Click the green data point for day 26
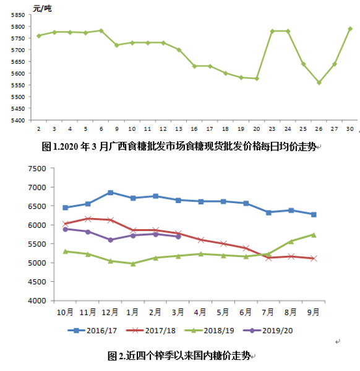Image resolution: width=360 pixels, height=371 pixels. click(x=319, y=82)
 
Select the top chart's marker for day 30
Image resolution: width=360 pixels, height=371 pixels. click(x=350, y=29)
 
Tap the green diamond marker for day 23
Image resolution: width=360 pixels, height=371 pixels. click(x=272, y=31)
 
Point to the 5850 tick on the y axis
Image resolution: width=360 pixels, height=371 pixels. click(x=18, y=15)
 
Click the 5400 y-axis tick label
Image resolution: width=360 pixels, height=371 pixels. click(x=18, y=120)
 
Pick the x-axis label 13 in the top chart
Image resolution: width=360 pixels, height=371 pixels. click(x=179, y=129)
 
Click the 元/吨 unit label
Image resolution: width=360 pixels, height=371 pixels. click(x=42, y=9)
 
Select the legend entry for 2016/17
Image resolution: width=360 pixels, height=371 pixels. click(x=92, y=331)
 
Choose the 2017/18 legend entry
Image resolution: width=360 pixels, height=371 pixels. click(x=151, y=331)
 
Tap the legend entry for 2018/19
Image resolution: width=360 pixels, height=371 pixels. click(x=210, y=331)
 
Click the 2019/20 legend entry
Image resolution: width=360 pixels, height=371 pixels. click(x=268, y=331)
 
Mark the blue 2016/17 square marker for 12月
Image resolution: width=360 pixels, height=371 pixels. click(x=110, y=193)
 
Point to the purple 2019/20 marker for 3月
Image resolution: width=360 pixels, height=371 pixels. click(x=178, y=237)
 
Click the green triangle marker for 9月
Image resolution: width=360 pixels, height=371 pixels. click(x=314, y=235)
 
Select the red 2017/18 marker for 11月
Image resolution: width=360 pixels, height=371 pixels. click(x=88, y=219)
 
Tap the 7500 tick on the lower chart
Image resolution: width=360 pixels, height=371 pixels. click(x=37, y=168)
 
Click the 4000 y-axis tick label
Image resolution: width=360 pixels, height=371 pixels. click(x=37, y=301)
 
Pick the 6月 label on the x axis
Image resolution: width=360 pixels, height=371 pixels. click(x=246, y=312)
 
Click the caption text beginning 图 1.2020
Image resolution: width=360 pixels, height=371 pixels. click(x=179, y=147)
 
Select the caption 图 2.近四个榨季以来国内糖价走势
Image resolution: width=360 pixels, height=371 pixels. click(x=179, y=356)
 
